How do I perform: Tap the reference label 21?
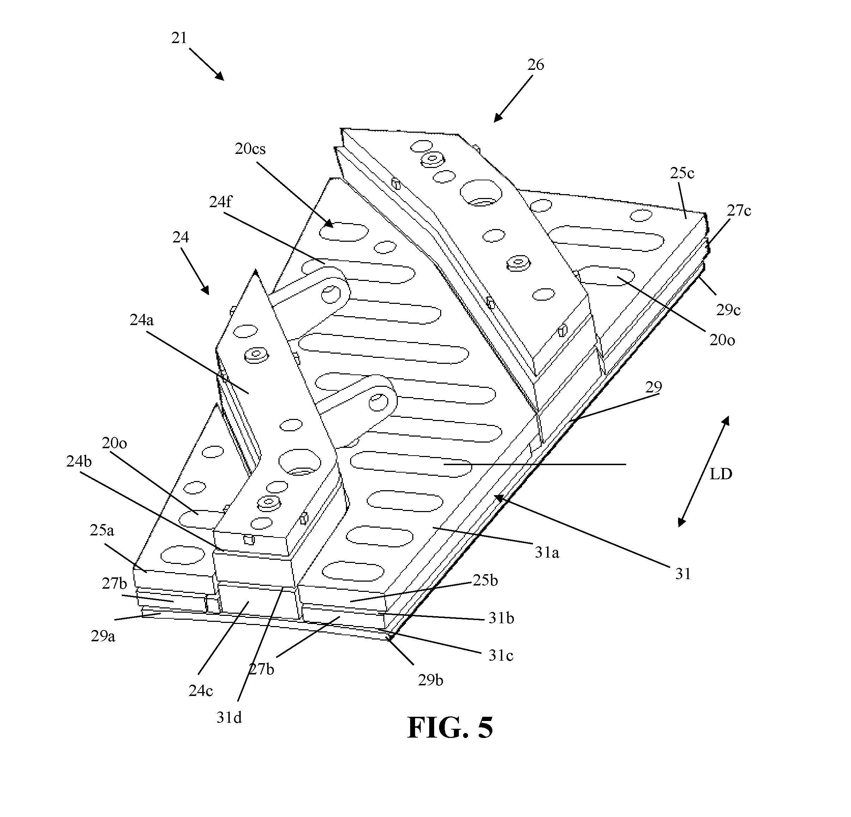pyautogui.click(x=179, y=38)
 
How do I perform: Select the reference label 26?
pyautogui.click(x=535, y=65)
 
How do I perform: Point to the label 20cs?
pyautogui.click(x=250, y=149)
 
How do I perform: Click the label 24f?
pyautogui.click(x=221, y=202)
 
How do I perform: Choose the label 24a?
pyautogui.click(x=142, y=320)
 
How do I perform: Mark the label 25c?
pyautogui.click(x=682, y=173)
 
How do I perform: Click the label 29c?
pyautogui.click(x=728, y=310)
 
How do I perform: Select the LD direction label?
pyautogui.click(x=721, y=474)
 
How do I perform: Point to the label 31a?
pyautogui.click(x=547, y=552)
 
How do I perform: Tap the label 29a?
pyautogui.click(x=103, y=636)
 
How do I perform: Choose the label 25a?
pyautogui.click(x=102, y=530)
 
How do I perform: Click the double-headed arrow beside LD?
pyautogui.click(x=703, y=471)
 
